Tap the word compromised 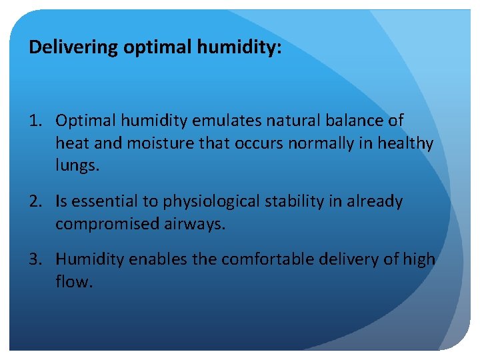click(107, 224)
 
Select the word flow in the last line click(73, 281)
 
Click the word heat click(71, 143)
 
